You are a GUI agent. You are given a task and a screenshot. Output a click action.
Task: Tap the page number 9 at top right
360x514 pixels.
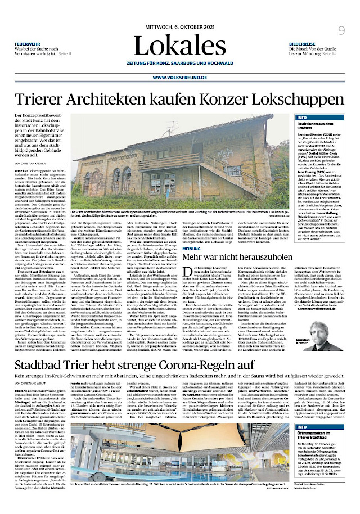coord(341,31)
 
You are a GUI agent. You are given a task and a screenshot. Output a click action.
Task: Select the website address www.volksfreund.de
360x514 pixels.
coord(179,78)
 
